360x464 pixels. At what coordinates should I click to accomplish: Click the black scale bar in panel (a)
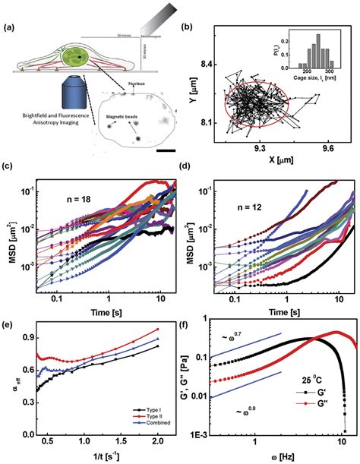[165, 150]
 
